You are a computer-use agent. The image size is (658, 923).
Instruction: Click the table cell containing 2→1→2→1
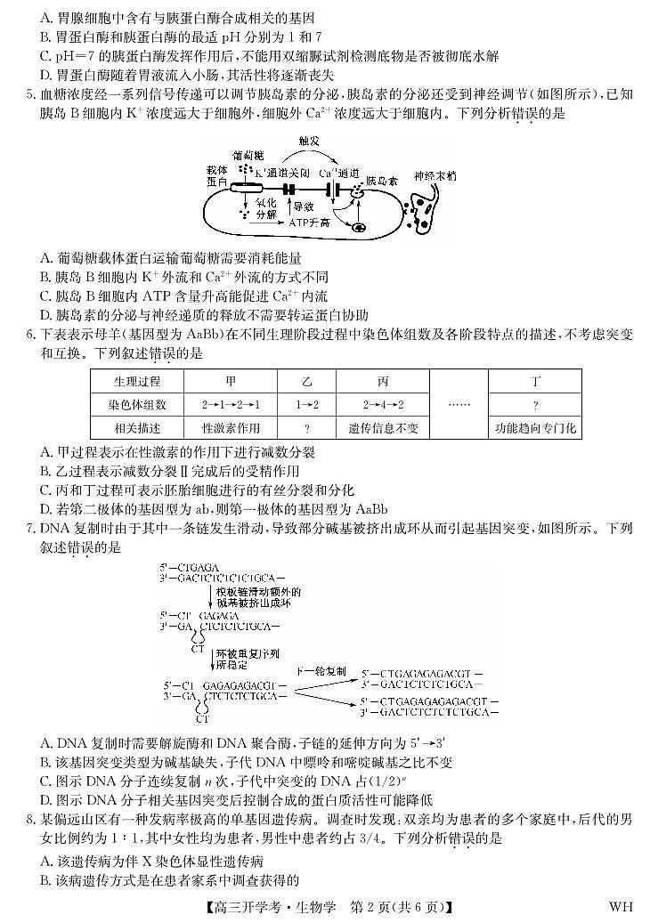(x=231, y=404)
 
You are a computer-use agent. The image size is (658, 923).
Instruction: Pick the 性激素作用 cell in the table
(x=231, y=428)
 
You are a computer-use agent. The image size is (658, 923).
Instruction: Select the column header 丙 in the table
(x=383, y=381)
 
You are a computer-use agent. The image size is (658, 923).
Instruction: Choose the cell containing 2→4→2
(x=383, y=404)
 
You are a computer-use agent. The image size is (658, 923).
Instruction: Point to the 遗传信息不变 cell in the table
(x=383, y=428)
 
